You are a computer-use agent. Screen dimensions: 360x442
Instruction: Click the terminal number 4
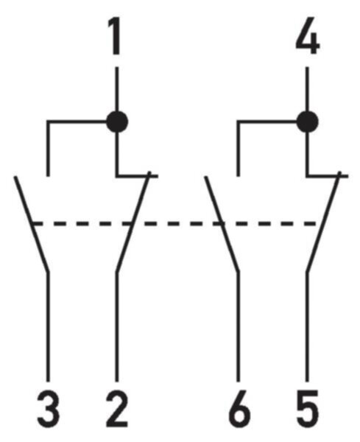(308, 36)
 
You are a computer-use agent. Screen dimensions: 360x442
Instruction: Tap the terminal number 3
(48, 409)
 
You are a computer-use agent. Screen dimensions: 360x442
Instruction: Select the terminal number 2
(117, 409)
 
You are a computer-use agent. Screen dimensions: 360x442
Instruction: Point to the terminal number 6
(239, 409)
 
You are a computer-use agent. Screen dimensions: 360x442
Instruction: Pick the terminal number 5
(308, 409)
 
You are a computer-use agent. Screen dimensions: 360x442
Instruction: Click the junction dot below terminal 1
(117, 122)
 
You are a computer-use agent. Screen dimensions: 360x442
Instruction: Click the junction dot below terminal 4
(308, 122)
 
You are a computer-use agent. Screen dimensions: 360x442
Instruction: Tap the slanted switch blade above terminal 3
(32, 224)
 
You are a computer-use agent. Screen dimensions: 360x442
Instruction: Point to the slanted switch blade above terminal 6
(222, 224)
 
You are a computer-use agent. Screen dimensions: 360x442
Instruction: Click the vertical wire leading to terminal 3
(48, 327)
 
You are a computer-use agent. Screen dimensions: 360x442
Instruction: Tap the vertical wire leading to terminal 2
(117, 327)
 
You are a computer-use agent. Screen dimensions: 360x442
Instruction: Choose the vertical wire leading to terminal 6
(239, 327)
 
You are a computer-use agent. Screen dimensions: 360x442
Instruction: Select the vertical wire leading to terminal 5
(307, 327)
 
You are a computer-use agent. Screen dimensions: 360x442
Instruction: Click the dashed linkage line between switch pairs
(174, 224)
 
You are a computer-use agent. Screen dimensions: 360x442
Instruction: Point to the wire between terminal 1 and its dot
(117, 89)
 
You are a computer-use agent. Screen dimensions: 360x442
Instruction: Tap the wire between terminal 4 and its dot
(307, 89)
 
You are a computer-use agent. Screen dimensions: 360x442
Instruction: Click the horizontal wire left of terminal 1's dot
(77, 122)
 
